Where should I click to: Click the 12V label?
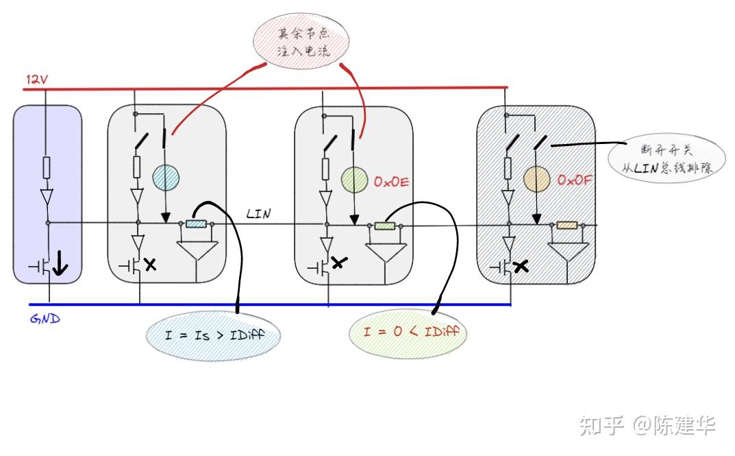tap(37, 80)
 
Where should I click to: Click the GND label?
tap(45, 319)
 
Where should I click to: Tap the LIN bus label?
tap(258, 214)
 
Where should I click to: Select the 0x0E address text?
tap(392, 182)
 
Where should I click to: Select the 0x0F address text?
tap(574, 180)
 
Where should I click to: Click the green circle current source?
tap(354, 180)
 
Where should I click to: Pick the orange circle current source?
tap(537, 180)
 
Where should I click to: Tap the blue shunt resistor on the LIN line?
tap(196, 224)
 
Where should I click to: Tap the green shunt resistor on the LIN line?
tap(384, 225)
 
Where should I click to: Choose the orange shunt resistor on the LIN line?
tap(566, 225)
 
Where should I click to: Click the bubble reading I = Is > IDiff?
tap(213, 336)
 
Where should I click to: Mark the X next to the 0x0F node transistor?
tap(521, 267)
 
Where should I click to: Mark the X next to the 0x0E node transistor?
tap(337, 263)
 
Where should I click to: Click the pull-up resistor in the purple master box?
tap(47, 167)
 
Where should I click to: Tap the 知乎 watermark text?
tap(601, 425)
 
